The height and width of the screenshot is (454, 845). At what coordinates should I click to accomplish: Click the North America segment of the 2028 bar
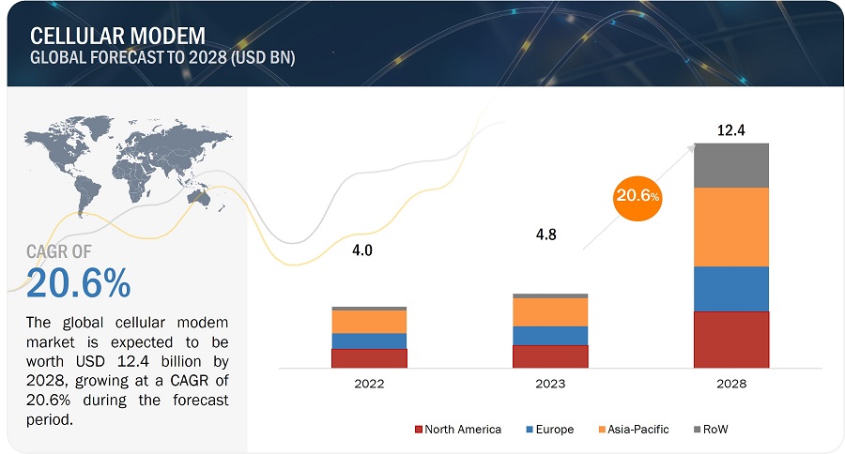(x=731, y=340)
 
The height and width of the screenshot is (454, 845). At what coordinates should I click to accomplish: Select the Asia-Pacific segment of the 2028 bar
(x=731, y=226)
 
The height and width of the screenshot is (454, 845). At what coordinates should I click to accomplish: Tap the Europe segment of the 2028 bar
(x=731, y=289)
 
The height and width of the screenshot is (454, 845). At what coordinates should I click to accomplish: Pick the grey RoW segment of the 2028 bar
(x=731, y=165)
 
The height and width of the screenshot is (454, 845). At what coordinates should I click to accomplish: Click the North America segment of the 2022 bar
(x=369, y=358)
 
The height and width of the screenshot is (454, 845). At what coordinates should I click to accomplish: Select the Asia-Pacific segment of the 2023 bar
(x=550, y=312)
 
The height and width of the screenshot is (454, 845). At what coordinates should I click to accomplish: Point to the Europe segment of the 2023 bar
(x=550, y=336)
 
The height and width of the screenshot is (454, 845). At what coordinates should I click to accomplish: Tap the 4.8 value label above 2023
(x=545, y=235)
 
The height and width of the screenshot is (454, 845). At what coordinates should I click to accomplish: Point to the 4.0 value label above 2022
(x=361, y=250)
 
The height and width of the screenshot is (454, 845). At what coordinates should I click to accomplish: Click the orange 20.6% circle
(x=638, y=197)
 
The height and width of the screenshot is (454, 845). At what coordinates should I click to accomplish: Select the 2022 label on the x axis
(x=369, y=384)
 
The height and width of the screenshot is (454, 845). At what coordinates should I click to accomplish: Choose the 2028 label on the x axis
(x=731, y=384)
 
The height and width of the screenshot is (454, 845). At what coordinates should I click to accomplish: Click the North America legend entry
(x=457, y=430)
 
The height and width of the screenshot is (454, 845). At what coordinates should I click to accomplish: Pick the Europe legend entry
(x=553, y=430)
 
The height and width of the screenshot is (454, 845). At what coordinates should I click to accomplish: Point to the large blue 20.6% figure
(x=79, y=282)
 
